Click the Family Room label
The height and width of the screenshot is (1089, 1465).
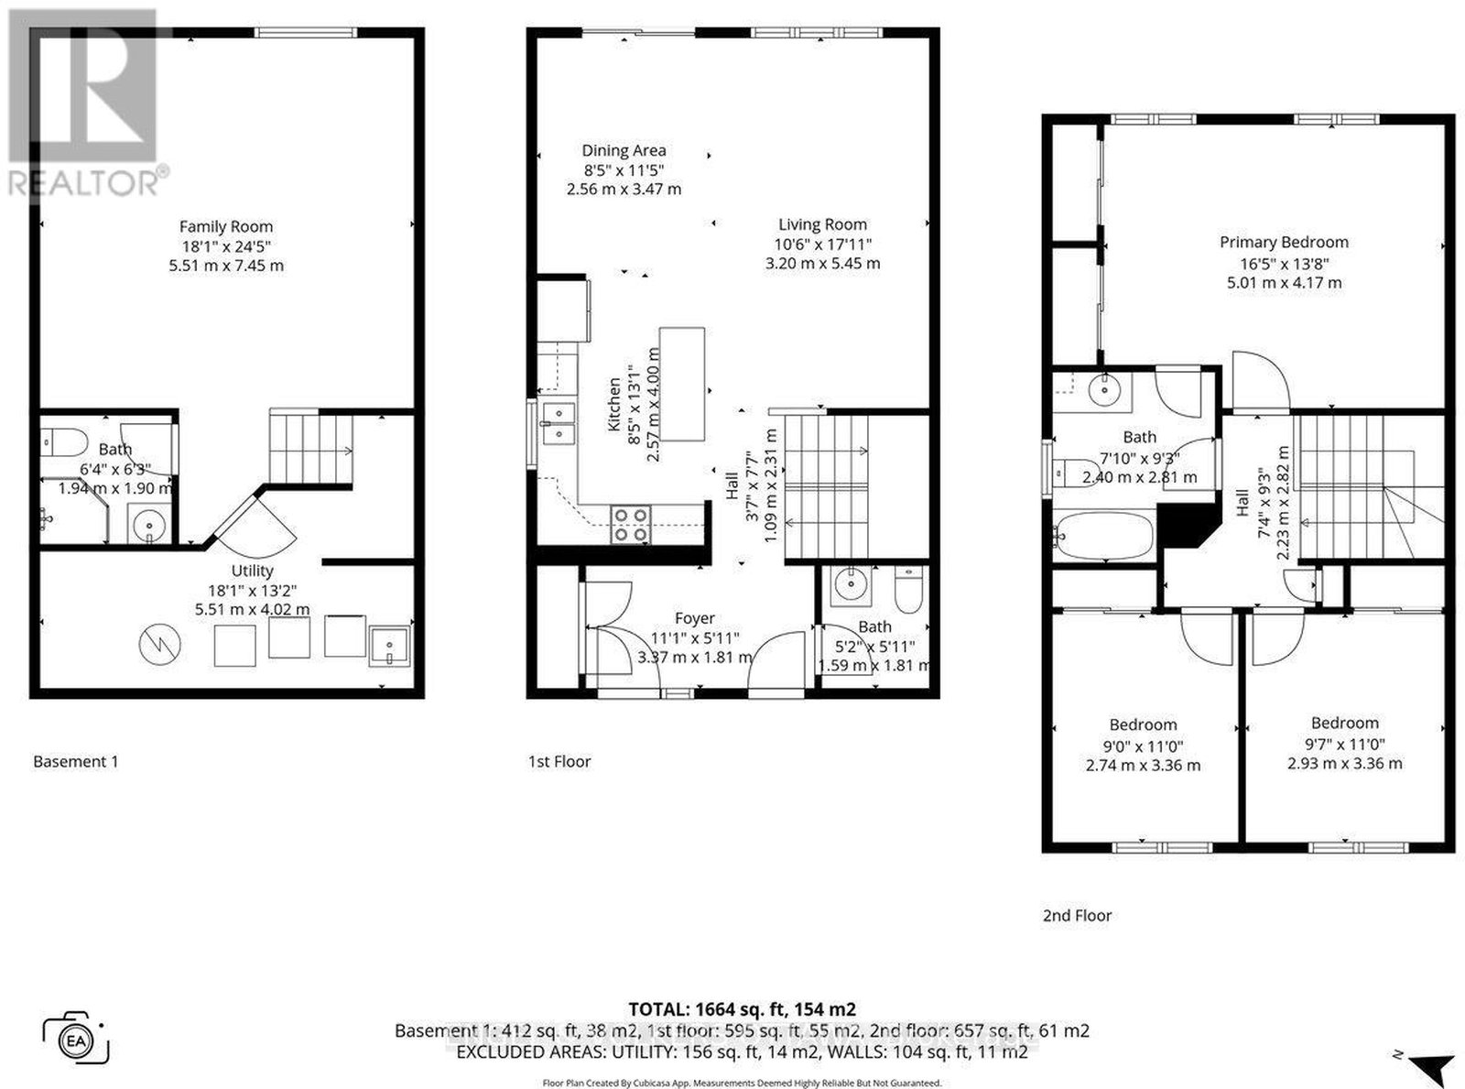[226, 226]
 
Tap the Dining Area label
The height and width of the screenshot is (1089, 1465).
[624, 150]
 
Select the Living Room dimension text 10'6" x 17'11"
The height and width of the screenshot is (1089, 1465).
[822, 244]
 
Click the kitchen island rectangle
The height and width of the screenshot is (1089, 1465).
[681, 384]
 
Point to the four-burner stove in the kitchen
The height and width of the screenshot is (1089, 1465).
[629, 524]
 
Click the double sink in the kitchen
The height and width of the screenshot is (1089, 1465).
[559, 423]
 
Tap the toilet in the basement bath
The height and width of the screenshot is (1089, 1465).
[64, 442]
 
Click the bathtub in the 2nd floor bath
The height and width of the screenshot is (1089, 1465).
[1103, 536]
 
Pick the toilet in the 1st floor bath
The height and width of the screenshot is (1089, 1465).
[908, 590]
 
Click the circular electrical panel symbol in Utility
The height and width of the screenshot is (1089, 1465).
[160, 644]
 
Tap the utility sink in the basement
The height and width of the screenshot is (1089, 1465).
[390, 645]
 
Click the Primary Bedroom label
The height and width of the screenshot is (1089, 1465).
[1284, 243]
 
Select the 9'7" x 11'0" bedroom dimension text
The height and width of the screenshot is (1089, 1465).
[1344, 744]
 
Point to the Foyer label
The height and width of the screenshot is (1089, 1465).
[694, 618]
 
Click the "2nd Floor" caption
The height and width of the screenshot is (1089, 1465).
[1077, 915]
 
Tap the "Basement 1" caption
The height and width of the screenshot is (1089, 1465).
[75, 761]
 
